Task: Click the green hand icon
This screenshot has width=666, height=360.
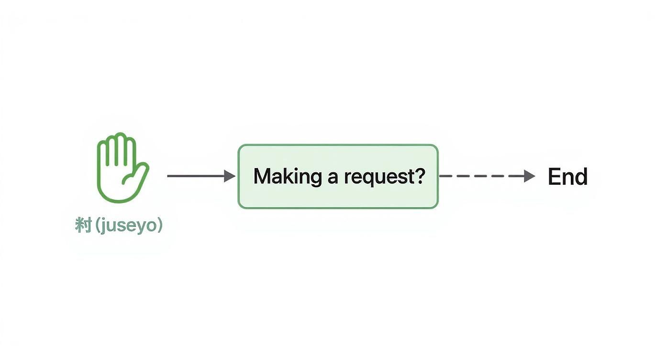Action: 122,168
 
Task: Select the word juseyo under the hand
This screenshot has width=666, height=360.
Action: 129,225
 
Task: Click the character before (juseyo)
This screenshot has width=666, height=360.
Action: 83,225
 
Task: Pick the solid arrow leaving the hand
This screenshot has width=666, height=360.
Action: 196,176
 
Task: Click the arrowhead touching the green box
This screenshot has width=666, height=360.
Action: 230,176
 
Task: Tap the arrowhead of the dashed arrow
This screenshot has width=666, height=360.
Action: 529,176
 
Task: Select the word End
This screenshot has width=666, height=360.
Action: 567,177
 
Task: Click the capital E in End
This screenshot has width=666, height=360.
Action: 554,177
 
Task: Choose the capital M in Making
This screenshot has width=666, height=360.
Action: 262,176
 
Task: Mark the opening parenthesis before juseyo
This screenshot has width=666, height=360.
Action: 99,225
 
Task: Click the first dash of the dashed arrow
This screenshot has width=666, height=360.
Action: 446,176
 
